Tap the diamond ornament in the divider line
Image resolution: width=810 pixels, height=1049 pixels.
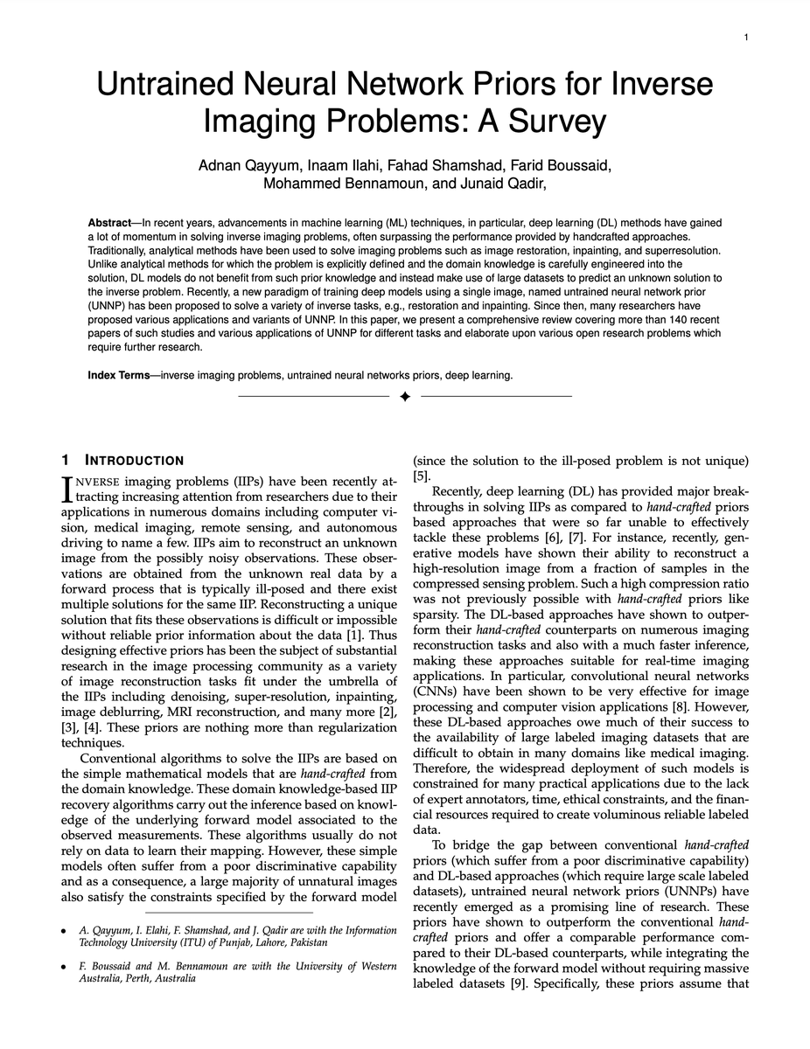pyautogui.click(x=405, y=397)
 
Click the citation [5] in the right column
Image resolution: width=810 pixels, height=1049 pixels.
pyautogui.click(x=421, y=476)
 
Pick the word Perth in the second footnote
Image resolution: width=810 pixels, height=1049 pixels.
pyautogui.click(x=135, y=979)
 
